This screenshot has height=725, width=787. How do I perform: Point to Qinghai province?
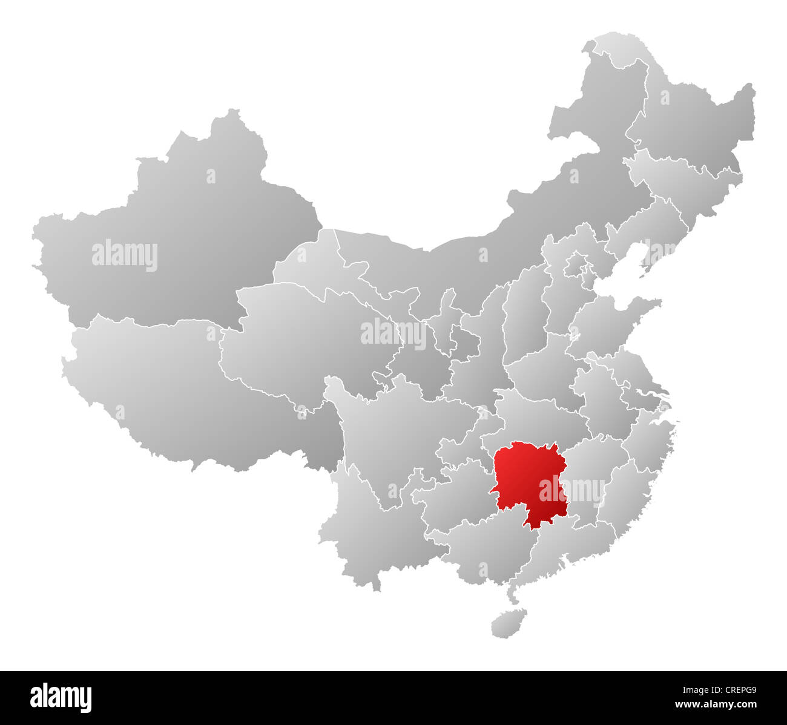(303, 339)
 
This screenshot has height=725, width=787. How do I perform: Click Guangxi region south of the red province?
(484, 551)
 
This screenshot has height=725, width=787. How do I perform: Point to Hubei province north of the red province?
(533, 418)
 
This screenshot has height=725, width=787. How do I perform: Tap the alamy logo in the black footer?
(61, 697)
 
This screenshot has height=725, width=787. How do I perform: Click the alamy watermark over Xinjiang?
(125, 255)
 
